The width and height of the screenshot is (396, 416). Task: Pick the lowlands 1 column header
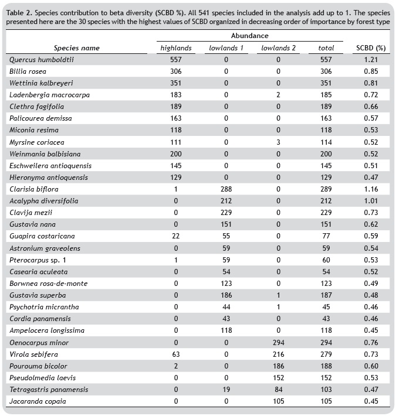tap(225, 48)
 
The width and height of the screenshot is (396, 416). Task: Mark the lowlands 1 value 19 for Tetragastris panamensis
tap(225, 389)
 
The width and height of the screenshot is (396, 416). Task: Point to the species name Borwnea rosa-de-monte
tap(48, 283)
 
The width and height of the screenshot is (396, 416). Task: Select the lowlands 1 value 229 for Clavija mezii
tap(225, 213)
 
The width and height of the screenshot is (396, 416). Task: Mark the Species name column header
tap(77, 48)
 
